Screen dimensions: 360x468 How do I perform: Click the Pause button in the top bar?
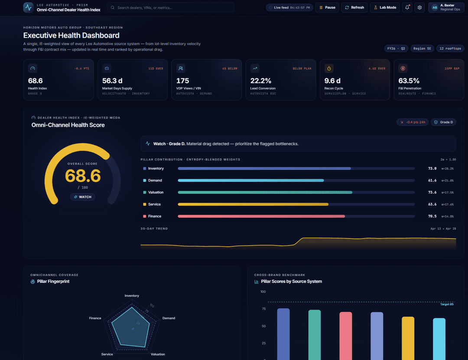coord(327,7)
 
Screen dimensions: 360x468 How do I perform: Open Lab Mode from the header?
coord(385,7)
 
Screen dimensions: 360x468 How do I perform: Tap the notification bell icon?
coord(407,7)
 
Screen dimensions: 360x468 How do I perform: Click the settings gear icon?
coord(419,7)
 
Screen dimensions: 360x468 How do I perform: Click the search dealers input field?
coord(171,7)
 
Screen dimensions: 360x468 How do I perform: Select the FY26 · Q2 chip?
coord(396,49)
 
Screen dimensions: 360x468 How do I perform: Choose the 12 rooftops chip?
coord(450,49)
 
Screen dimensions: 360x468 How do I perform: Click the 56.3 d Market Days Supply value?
coord(112,81)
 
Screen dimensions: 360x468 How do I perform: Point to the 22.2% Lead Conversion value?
coord(261,81)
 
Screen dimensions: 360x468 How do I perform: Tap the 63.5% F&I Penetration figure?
coord(409,81)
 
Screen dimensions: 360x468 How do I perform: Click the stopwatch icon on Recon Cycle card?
coord(329,69)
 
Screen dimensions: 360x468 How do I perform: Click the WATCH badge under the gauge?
coord(82,197)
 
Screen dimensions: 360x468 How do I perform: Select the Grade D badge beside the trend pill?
coord(443,122)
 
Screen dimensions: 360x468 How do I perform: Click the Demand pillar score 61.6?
coord(432,180)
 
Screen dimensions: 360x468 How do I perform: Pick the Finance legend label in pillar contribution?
coord(155,216)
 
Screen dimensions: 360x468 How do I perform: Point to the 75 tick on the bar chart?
coord(263,309)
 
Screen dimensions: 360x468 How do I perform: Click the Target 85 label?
coord(447,304)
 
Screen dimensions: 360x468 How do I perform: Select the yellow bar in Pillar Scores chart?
coord(408,338)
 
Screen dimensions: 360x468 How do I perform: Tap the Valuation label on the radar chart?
coord(158,354)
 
